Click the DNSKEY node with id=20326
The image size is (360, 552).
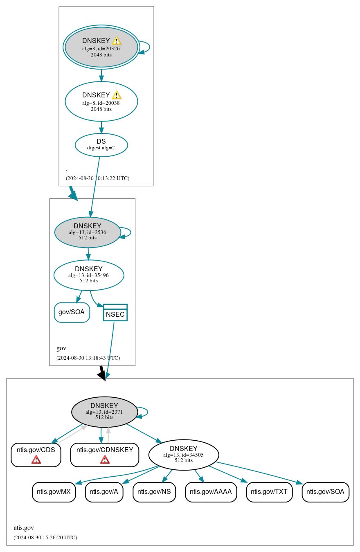pos(101,47)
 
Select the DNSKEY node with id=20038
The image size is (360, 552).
pos(101,101)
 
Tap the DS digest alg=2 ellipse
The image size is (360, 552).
pos(101,145)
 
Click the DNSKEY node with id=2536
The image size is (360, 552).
pos(88,232)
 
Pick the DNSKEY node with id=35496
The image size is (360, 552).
pos(89,275)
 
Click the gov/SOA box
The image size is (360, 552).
pos(72,312)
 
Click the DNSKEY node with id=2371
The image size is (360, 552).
pos(104,412)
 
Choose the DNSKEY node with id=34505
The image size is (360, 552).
pos(184,455)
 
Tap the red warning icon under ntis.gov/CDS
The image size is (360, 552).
pos(36,460)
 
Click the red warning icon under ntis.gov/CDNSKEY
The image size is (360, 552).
pos(105,460)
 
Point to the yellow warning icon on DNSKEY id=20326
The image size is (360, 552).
pos(117,41)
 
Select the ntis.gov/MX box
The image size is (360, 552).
pos(54,492)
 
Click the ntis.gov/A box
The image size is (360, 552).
pos(104,492)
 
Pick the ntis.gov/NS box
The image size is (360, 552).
pos(154,492)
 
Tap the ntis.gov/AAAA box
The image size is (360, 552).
pos(211,492)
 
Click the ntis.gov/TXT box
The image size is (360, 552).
pos(269,492)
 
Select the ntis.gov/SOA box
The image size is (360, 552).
pos(325,492)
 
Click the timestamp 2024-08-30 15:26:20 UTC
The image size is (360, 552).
pos(45,537)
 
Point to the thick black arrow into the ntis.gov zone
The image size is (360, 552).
pos(102,373)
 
